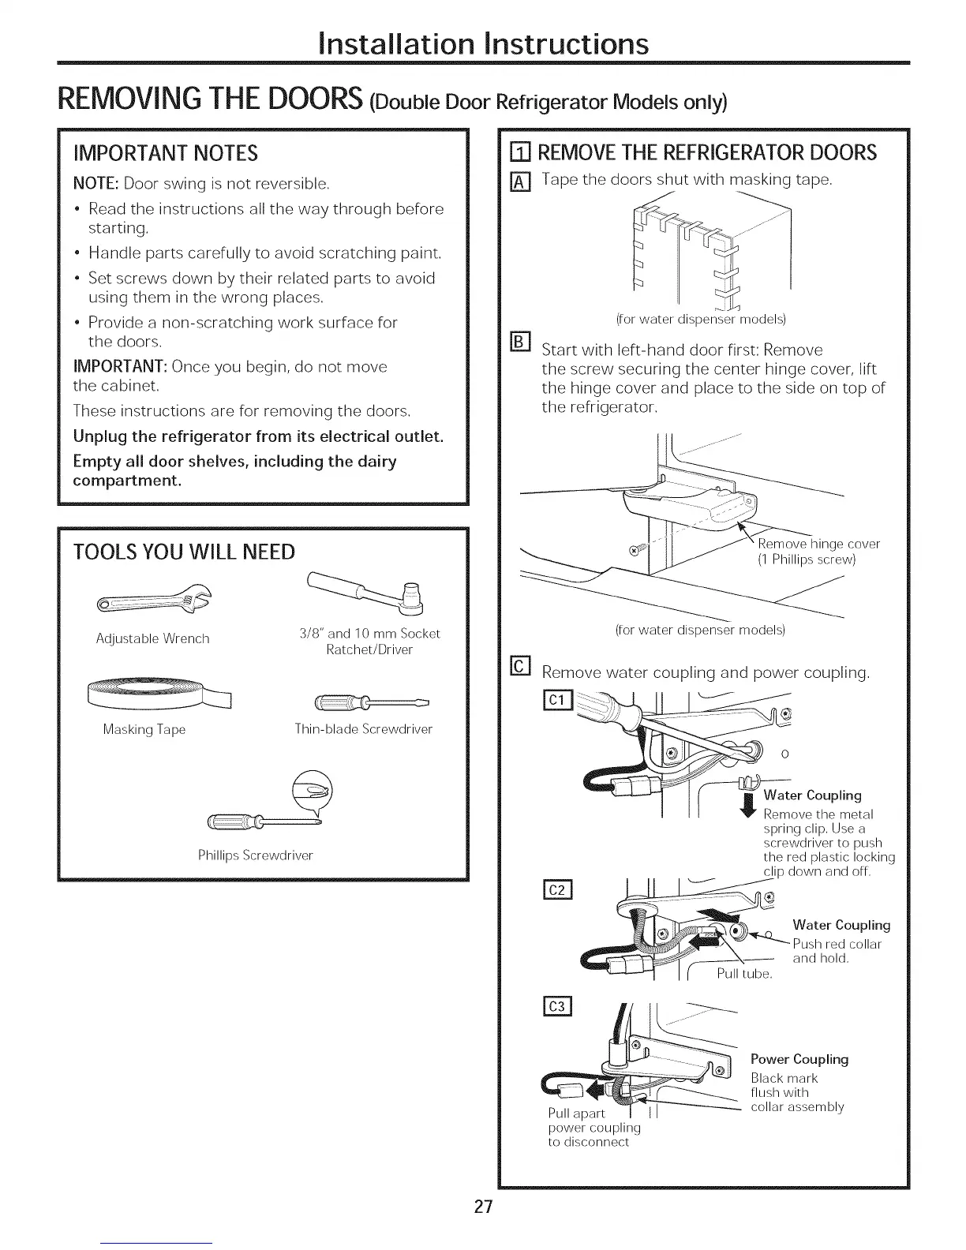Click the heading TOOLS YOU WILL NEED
click(184, 552)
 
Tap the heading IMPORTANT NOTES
click(165, 152)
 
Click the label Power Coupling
click(799, 1059)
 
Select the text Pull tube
click(743, 974)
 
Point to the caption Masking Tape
click(144, 729)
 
